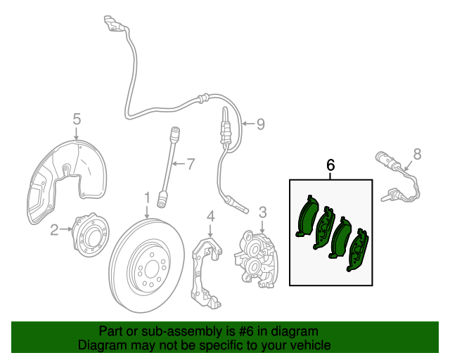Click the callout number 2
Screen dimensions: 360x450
(x=54, y=229)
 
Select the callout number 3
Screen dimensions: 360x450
(x=262, y=212)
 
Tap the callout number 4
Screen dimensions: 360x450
(x=210, y=215)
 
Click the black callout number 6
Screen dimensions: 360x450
(x=330, y=165)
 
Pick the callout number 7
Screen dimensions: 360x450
(x=189, y=165)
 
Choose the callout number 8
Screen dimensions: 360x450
(x=416, y=153)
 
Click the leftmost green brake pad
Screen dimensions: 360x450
(x=308, y=217)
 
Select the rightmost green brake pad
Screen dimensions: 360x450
(x=357, y=249)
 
